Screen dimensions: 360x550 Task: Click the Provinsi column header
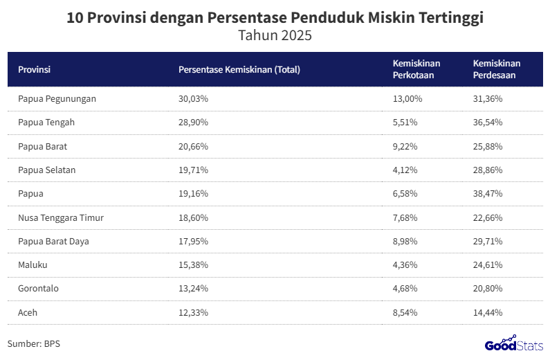[x=35, y=69]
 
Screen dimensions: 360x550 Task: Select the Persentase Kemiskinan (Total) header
[x=239, y=69]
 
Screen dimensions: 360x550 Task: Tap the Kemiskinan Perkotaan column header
[x=416, y=69]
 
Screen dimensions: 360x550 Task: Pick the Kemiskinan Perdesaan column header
[x=496, y=69]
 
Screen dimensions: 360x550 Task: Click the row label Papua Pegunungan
[x=57, y=99]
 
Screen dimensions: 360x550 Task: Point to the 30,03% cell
[x=193, y=99]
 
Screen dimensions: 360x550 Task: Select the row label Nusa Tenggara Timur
[x=61, y=217]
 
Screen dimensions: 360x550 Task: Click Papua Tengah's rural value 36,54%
[x=488, y=123]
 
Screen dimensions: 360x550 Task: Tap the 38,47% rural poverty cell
[x=488, y=194]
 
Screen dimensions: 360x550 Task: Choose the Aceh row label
[x=28, y=313]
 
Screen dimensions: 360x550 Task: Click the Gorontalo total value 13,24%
[x=193, y=289]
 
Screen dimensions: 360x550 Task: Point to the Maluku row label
[x=33, y=265]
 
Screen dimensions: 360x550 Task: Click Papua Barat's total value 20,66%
[x=193, y=147]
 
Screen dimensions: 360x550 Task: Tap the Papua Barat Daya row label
[x=53, y=242]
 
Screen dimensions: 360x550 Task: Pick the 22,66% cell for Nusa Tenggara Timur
[x=488, y=217]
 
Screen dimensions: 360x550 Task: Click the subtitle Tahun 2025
[x=275, y=36]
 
